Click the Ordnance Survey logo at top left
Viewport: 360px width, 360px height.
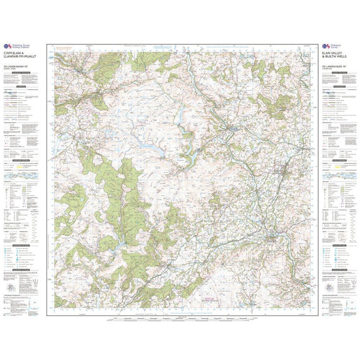coord(8,46)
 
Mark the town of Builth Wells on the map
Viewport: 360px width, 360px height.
coord(273,236)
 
